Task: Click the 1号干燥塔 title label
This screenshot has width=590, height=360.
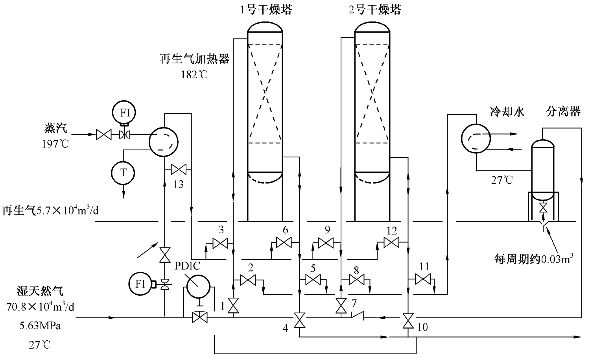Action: click(266, 10)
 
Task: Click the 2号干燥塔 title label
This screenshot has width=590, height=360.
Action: click(375, 10)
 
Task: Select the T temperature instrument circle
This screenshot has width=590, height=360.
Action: click(124, 172)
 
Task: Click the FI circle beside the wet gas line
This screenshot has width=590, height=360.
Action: click(140, 284)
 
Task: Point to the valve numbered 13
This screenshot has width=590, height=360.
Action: click(179, 170)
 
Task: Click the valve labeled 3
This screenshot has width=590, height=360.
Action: click(220, 244)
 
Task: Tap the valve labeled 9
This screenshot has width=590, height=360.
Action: click(326, 244)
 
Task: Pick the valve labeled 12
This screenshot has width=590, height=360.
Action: click(391, 243)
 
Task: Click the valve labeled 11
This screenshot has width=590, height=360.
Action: click(422, 280)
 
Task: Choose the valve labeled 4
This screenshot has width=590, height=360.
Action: click(300, 319)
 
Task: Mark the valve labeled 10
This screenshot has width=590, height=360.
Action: click(408, 319)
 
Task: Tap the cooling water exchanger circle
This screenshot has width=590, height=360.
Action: click(476, 138)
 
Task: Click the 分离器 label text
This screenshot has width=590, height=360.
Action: click(563, 112)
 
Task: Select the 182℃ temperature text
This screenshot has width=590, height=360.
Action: click(194, 74)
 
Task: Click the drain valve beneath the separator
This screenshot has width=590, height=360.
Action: click(543, 207)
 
